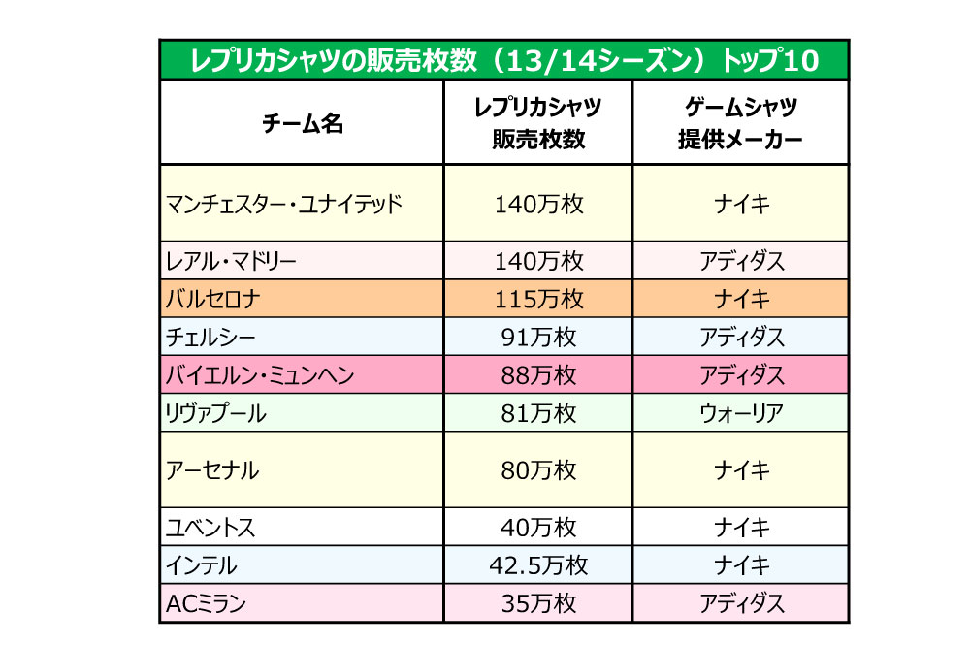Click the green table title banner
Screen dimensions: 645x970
pyautogui.click(x=503, y=60)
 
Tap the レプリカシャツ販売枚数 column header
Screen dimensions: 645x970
pyautogui.click(x=538, y=123)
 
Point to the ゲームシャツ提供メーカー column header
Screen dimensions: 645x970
pyautogui.click(x=741, y=123)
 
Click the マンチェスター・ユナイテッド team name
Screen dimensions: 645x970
pyautogui.click(x=284, y=204)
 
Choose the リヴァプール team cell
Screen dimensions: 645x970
pyautogui.click(x=216, y=413)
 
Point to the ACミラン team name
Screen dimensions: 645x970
pyautogui.click(x=207, y=603)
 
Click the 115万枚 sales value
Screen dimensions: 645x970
pyautogui.click(x=538, y=298)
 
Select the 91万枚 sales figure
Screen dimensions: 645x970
pyautogui.click(x=538, y=337)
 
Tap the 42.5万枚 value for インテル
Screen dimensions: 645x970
pyautogui.click(x=538, y=564)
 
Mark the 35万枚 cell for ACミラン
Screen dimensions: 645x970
pyautogui.click(x=538, y=603)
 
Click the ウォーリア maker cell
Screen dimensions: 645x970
pyautogui.click(x=741, y=413)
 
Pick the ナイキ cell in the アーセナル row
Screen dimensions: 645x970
pyautogui.click(x=741, y=470)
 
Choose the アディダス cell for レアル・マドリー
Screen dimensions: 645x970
pyautogui.click(x=741, y=261)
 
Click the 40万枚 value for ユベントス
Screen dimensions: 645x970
pyautogui.click(x=538, y=528)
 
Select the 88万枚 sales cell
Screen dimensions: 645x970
pyautogui.click(x=538, y=374)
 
